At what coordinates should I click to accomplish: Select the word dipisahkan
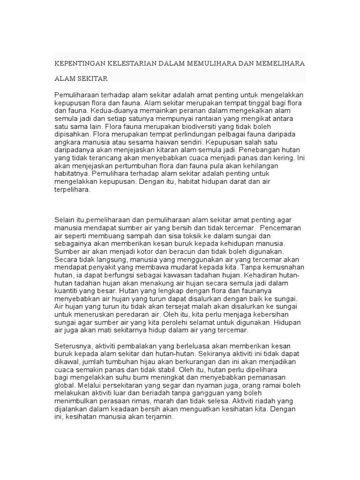72,134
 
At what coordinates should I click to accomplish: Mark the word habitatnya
72,174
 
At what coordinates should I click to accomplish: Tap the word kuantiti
68,283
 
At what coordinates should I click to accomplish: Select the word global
64,385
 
